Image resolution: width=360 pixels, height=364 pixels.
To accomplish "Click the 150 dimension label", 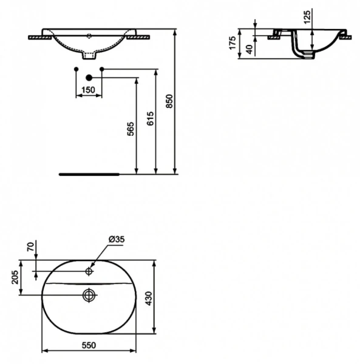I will (89, 90).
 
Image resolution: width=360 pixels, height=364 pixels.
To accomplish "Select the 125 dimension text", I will (307, 17).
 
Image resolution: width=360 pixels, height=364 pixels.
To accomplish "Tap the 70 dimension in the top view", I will (29, 247).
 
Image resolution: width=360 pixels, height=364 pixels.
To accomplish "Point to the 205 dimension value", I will (16, 280).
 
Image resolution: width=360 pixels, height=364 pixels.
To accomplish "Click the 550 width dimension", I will (89, 345).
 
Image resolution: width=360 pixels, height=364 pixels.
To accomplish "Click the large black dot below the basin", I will (89, 78).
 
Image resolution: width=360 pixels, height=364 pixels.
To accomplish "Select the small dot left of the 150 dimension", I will (75, 69).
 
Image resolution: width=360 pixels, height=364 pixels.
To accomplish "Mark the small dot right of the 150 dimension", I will (102, 69).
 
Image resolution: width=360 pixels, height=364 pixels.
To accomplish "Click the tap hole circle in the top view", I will (89, 271).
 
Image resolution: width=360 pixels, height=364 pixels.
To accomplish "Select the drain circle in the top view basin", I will (89, 295).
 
